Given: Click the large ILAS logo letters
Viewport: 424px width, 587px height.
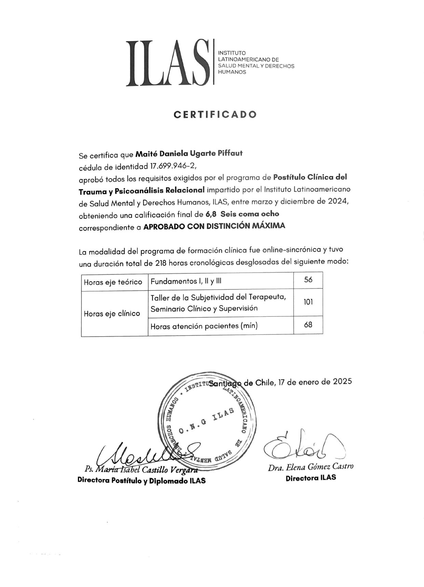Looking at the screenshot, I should click(167, 63).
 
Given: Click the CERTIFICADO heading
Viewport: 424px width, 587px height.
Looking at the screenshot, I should click(215, 114).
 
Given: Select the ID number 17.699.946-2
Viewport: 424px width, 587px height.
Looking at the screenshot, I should click(174, 167).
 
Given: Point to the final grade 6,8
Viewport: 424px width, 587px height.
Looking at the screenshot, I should click(211, 215).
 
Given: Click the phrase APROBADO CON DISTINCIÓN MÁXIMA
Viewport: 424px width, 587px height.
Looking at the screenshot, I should click(214, 226).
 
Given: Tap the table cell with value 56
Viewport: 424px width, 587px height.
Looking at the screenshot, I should click(308, 280).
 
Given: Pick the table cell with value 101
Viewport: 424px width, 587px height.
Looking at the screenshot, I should click(308, 302).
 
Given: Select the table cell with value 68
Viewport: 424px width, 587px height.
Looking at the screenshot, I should click(308, 325).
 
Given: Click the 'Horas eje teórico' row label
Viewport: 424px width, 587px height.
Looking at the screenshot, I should click(113, 282).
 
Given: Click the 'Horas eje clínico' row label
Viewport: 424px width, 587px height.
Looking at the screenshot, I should click(112, 314).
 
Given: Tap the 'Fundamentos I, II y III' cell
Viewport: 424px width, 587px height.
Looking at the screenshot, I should click(186, 282).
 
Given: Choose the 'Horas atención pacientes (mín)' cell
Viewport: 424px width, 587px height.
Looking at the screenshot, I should click(204, 326).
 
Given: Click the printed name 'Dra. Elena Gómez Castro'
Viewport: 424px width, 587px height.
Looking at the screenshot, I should click(311, 467).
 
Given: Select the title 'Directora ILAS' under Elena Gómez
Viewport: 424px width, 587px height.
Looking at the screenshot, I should click(311, 478).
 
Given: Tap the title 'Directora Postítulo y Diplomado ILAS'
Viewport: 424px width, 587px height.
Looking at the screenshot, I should click(141, 480).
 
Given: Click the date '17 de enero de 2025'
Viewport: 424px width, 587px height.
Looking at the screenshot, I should click(315, 382).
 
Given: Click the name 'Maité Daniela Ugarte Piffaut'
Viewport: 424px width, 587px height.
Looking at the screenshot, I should click(189, 154).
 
